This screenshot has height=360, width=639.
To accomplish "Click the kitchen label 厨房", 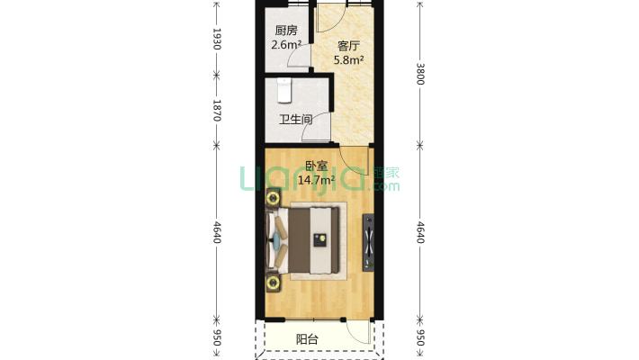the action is point(286,31).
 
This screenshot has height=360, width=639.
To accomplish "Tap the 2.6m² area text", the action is point(286,44).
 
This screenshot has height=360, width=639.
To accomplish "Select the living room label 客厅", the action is point(348,46).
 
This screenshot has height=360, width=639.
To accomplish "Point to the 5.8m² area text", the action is point(348,60).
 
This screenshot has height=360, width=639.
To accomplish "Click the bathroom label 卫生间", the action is point(296,120).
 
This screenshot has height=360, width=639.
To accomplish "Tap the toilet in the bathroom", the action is point(284,91).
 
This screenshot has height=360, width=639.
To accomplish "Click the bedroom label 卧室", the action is point(317,166).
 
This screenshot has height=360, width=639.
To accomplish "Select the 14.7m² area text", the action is point(316,180).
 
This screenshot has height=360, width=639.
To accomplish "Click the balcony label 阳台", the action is point(307,339).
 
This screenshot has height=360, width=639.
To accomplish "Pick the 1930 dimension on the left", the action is point(217,39).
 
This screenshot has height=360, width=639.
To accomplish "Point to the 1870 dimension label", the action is point(217,111).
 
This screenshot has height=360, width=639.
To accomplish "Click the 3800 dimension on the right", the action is point(420,74).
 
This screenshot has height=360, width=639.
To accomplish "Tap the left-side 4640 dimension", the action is point(217,232).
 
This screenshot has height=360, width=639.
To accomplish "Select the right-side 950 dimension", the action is point(420,338).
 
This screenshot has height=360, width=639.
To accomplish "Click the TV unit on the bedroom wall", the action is point(368,243).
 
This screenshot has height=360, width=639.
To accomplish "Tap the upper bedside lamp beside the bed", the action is point(273,198).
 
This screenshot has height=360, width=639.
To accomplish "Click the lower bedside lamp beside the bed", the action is point(273,282).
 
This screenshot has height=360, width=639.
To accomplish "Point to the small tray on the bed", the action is point(320,240).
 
